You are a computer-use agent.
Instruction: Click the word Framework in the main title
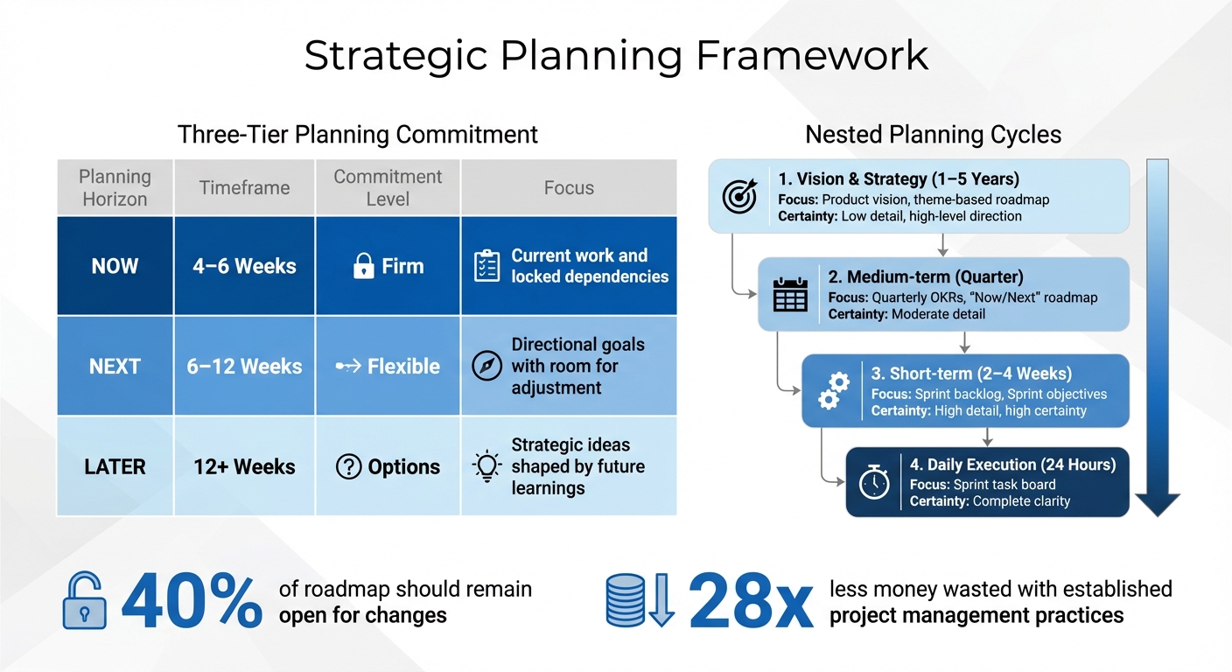click(x=812, y=56)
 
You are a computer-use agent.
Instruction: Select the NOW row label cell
click(x=115, y=266)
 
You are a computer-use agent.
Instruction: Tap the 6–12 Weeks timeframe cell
click(x=244, y=366)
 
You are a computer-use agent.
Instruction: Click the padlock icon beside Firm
click(x=363, y=266)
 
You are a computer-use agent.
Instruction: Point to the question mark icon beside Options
click(x=348, y=466)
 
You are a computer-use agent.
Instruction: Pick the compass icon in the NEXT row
click(x=486, y=366)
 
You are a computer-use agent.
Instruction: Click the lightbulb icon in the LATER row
click(x=486, y=465)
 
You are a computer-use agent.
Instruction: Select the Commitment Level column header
click(x=388, y=187)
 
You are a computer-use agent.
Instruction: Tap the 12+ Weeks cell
click(x=244, y=466)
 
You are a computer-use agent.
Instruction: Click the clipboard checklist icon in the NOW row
click(x=486, y=266)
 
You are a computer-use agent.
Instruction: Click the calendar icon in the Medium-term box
click(x=791, y=295)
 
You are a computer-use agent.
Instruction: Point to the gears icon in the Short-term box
click(x=834, y=390)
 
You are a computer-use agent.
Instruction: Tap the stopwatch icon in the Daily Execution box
click(x=874, y=482)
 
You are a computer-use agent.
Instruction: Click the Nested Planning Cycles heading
click(x=933, y=135)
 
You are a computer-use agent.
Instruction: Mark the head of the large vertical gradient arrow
click(x=1157, y=504)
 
